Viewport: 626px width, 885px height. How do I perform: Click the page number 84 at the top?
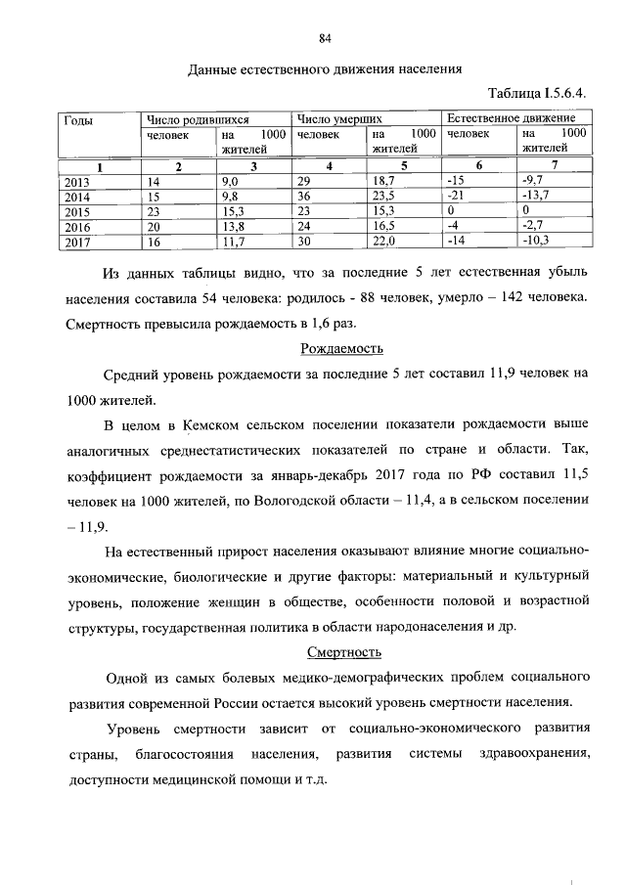326,38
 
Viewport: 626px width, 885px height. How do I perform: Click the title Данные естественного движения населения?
324,69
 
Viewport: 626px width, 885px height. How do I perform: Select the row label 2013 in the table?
76,182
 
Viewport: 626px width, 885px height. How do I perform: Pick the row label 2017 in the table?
76,240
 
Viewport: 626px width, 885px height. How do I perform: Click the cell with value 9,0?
232,182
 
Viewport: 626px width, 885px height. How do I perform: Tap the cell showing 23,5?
383,197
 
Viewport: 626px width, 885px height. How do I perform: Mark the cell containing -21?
455,197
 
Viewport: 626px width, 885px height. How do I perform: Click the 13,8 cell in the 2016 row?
234,225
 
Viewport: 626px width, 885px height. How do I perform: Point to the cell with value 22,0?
383,240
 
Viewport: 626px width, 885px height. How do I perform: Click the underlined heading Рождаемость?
340,349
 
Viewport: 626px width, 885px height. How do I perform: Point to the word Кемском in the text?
215,425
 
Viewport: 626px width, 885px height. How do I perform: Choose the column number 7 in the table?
555,166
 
